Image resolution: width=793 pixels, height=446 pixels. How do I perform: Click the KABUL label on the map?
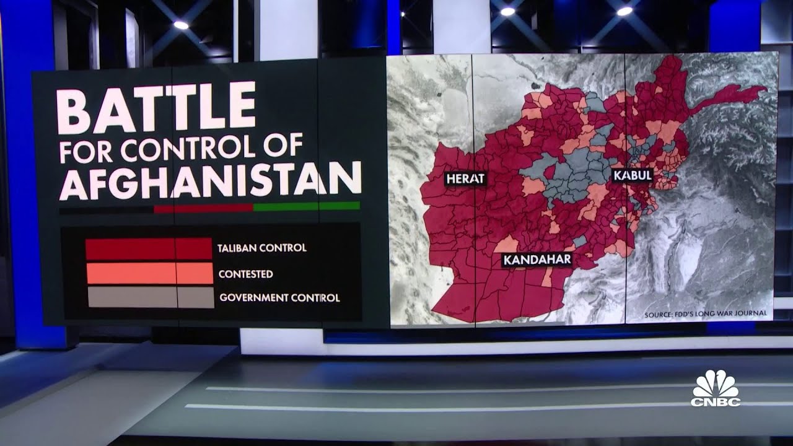pos(633,175)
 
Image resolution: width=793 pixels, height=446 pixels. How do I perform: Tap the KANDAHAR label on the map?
pos(537,260)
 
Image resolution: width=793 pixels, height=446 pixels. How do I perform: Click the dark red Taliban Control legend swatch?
pos(149,248)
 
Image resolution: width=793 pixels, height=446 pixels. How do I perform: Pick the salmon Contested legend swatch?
pos(149,273)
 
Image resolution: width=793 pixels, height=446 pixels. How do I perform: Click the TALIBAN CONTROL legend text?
pos(261,248)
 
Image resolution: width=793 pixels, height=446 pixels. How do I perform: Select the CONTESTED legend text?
pos(245,273)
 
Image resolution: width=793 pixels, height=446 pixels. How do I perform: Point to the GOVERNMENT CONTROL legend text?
pos(279,298)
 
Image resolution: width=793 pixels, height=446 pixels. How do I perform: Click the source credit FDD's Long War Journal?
pos(705,314)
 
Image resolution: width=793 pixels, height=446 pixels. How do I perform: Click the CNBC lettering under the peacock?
pos(716,402)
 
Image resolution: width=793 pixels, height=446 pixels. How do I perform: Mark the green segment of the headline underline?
pos(306,206)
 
